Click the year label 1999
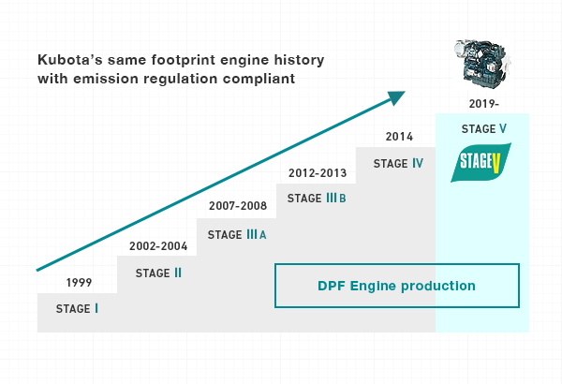[79, 282]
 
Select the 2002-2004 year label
[158, 247]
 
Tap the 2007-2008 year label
[237, 206]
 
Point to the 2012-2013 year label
[317, 172]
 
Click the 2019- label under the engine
[482, 102]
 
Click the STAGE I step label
[77, 308]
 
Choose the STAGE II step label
[158, 273]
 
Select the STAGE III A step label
[237, 234]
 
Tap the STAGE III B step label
[317, 199]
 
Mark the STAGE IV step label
[398, 164]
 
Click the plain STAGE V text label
[482, 128]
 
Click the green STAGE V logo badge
[481, 164]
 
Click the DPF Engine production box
[396, 286]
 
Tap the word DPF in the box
[331, 286]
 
